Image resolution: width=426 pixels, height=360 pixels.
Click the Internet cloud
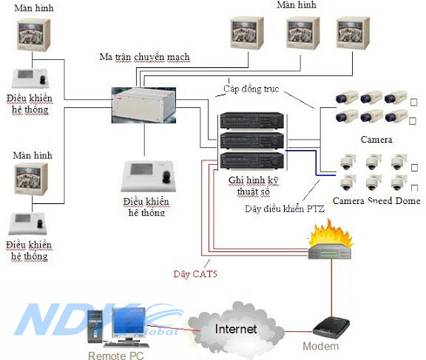(x=235, y=327)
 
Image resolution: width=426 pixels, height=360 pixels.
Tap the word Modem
(x=320, y=346)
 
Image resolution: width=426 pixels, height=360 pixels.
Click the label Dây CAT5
(x=195, y=275)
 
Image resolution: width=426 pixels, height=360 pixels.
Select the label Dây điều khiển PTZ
(x=284, y=208)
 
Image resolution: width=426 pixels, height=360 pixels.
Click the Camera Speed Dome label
(x=376, y=200)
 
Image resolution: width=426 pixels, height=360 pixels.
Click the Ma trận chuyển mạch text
(x=144, y=58)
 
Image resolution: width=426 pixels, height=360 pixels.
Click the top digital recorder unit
(x=251, y=121)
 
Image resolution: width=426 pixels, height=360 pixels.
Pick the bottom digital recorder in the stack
(x=251, y=160)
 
